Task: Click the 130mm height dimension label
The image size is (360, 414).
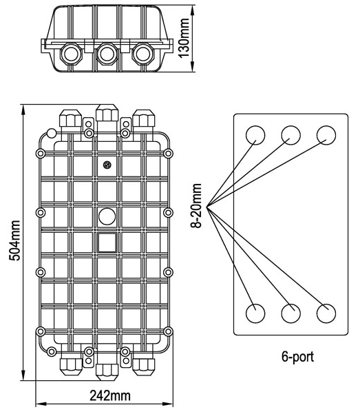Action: coord(184,38)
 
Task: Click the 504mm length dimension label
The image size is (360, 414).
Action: coord(14,240)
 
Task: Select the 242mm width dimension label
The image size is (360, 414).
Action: coord(110,396)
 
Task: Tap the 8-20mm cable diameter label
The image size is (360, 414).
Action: coord(196,206)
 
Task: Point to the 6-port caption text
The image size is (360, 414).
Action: coord(298,357)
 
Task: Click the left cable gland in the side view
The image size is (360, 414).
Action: coord(72,54)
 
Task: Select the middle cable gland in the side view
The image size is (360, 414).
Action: coord(107,54)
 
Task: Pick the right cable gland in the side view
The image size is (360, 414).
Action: coord(142,54)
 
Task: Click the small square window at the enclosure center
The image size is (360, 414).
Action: coord(107,242)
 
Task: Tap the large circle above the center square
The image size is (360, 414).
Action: coord(107,216)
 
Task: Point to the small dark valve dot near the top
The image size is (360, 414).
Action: coord(107,165)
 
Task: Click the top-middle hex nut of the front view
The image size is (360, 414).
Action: coord(107,113)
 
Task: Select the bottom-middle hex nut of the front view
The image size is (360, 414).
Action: coord(107,372)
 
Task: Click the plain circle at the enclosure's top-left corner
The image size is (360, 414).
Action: coord(52,134)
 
